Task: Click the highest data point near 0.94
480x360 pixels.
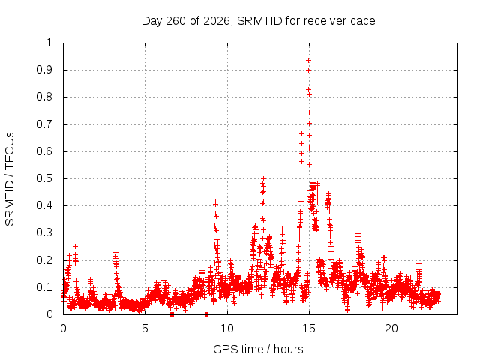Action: (308, 61)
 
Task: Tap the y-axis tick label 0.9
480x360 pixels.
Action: (44, 70)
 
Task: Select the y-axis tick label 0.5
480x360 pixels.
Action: (44, 178)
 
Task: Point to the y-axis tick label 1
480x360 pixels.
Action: (49, 43)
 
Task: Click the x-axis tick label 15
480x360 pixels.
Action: (308, 328)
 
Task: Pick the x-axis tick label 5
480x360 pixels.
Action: (145, 328)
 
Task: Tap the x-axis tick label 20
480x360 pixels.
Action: (391, 328)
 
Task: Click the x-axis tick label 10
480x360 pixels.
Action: (226, 328)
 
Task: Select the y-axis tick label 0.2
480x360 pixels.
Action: (44, 260)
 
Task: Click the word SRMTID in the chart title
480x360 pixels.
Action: (259, 21)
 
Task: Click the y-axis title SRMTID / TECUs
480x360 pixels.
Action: (10, 179)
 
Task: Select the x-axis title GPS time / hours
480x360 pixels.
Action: (258, 349)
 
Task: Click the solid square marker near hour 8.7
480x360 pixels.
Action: (206, 314)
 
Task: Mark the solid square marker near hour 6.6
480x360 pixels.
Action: (172, 314)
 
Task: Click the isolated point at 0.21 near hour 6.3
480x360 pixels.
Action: (166, 256)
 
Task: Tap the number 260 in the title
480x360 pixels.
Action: (175, 21)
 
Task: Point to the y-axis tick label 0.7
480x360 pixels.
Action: (44, 124)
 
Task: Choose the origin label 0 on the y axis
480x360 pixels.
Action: (49, 314)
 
